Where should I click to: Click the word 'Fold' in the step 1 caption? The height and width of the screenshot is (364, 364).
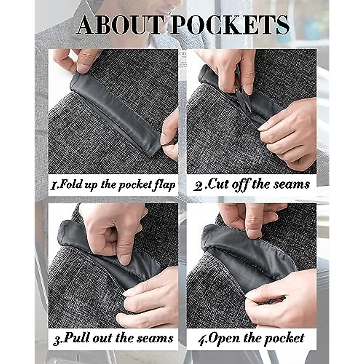(68, 184)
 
